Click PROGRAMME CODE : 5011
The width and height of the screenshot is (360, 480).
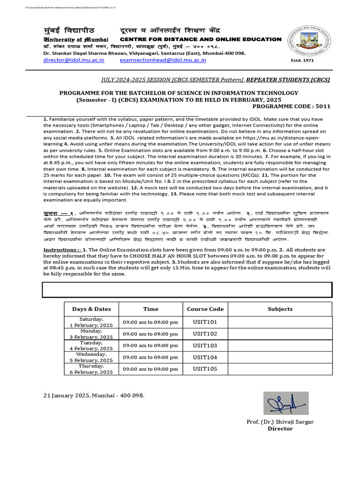point(292,106)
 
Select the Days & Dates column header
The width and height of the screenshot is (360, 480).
point(91,309)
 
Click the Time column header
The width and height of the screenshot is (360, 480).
point(150,309)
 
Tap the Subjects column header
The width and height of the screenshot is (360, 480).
point(280,309)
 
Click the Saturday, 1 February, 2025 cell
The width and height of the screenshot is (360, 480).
point(91,322)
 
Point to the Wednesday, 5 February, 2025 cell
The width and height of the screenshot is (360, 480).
point(91,357)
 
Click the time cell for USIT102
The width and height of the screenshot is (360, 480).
point(150,334)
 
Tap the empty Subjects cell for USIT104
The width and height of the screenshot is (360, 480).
point(280,357)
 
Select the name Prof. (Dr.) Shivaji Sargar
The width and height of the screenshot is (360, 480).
point(280,422)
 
